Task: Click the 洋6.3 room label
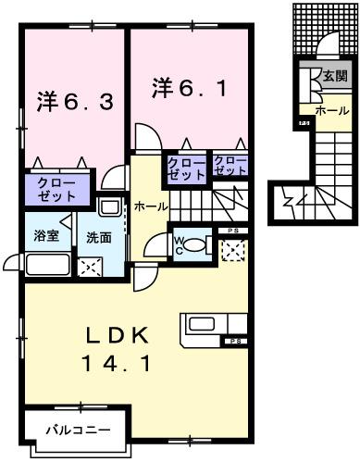75,100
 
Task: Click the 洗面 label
99,238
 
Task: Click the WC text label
181,243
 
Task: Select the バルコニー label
80,431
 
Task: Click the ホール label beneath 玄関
331,110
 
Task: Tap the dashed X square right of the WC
232,248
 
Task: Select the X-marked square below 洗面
91,269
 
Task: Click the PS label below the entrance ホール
304,124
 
